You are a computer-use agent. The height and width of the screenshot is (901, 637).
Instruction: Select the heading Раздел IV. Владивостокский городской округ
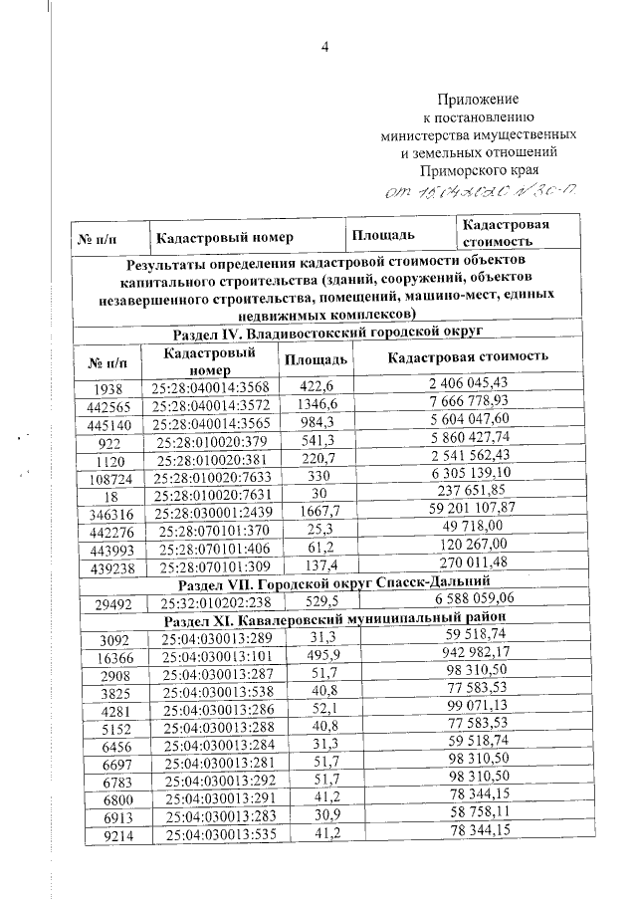[326, 331]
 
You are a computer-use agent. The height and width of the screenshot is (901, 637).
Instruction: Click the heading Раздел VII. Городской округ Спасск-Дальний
[327, 580]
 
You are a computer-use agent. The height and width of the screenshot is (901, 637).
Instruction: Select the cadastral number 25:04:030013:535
[216, 832]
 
